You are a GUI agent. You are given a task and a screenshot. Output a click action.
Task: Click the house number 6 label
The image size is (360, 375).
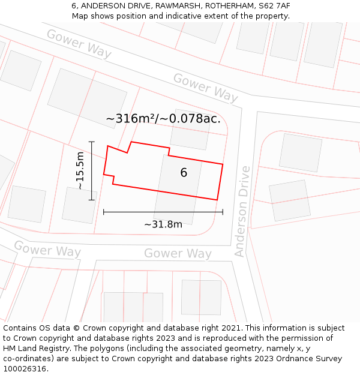[184, 173]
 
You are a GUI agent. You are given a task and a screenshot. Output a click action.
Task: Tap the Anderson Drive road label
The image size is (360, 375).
[242, 211]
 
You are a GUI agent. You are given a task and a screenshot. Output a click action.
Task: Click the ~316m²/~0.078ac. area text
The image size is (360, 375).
[163, 119]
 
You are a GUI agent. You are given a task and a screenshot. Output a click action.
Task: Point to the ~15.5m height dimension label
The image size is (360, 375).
[80, 171]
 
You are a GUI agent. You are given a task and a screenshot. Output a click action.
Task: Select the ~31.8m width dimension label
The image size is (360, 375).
[163, 224]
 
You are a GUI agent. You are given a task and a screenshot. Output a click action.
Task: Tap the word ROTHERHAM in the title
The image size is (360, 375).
[223, 5]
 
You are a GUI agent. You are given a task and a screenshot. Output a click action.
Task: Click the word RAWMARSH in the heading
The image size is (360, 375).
[167, 5]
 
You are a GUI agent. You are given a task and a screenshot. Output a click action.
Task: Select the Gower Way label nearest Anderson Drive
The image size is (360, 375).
[178, 254]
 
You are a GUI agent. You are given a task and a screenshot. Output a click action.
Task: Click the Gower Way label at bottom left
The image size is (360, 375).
[47, 248]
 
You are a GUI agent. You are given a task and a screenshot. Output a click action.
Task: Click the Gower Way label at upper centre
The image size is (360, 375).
[206, 88]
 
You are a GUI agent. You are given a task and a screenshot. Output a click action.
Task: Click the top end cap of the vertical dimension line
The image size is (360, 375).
[92, 142]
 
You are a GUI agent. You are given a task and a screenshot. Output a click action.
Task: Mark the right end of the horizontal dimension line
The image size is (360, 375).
[223, 212]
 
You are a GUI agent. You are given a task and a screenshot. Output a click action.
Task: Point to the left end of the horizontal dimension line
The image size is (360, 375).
[104, 212]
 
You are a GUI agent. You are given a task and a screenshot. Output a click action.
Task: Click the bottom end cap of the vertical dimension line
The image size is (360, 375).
[92, 200]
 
